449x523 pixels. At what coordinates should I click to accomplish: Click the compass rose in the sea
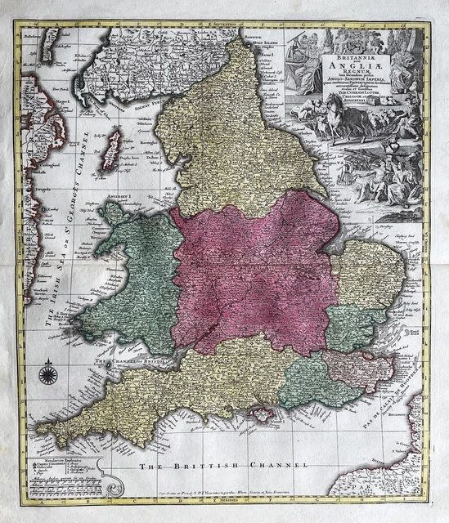46,375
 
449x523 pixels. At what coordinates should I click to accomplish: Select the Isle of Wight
265,415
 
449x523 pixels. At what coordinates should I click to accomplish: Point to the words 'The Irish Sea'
58,302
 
